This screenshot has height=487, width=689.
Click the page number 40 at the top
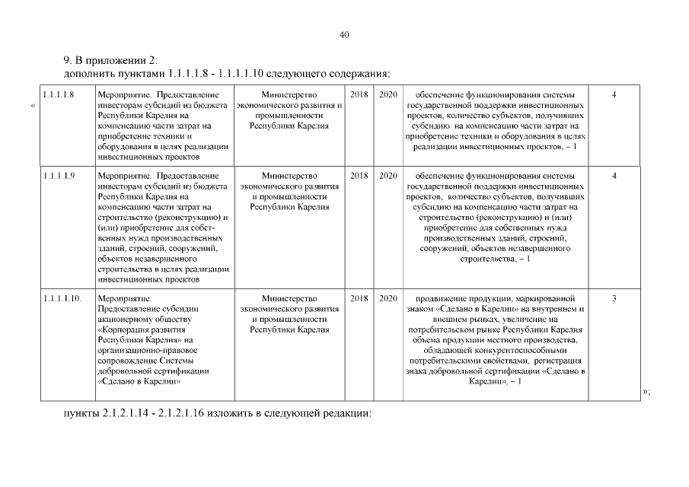[x=344, y=34]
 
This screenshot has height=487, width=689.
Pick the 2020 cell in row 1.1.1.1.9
[x=388, y=176]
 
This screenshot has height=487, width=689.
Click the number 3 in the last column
[x=614, y=299]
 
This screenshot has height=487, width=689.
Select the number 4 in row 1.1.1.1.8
[x=614, y=94]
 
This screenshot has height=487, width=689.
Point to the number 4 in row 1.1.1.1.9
[x=614, y=176]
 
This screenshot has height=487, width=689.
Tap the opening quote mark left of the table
[x=33, y=105]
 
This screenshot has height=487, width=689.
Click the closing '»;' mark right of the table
[x=646, y=391]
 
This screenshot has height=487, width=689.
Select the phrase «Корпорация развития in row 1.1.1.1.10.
[x=138, y=329]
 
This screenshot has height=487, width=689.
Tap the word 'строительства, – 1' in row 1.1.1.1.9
[x=496, y=259]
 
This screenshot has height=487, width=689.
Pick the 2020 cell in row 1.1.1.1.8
[x=388, y=94]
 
